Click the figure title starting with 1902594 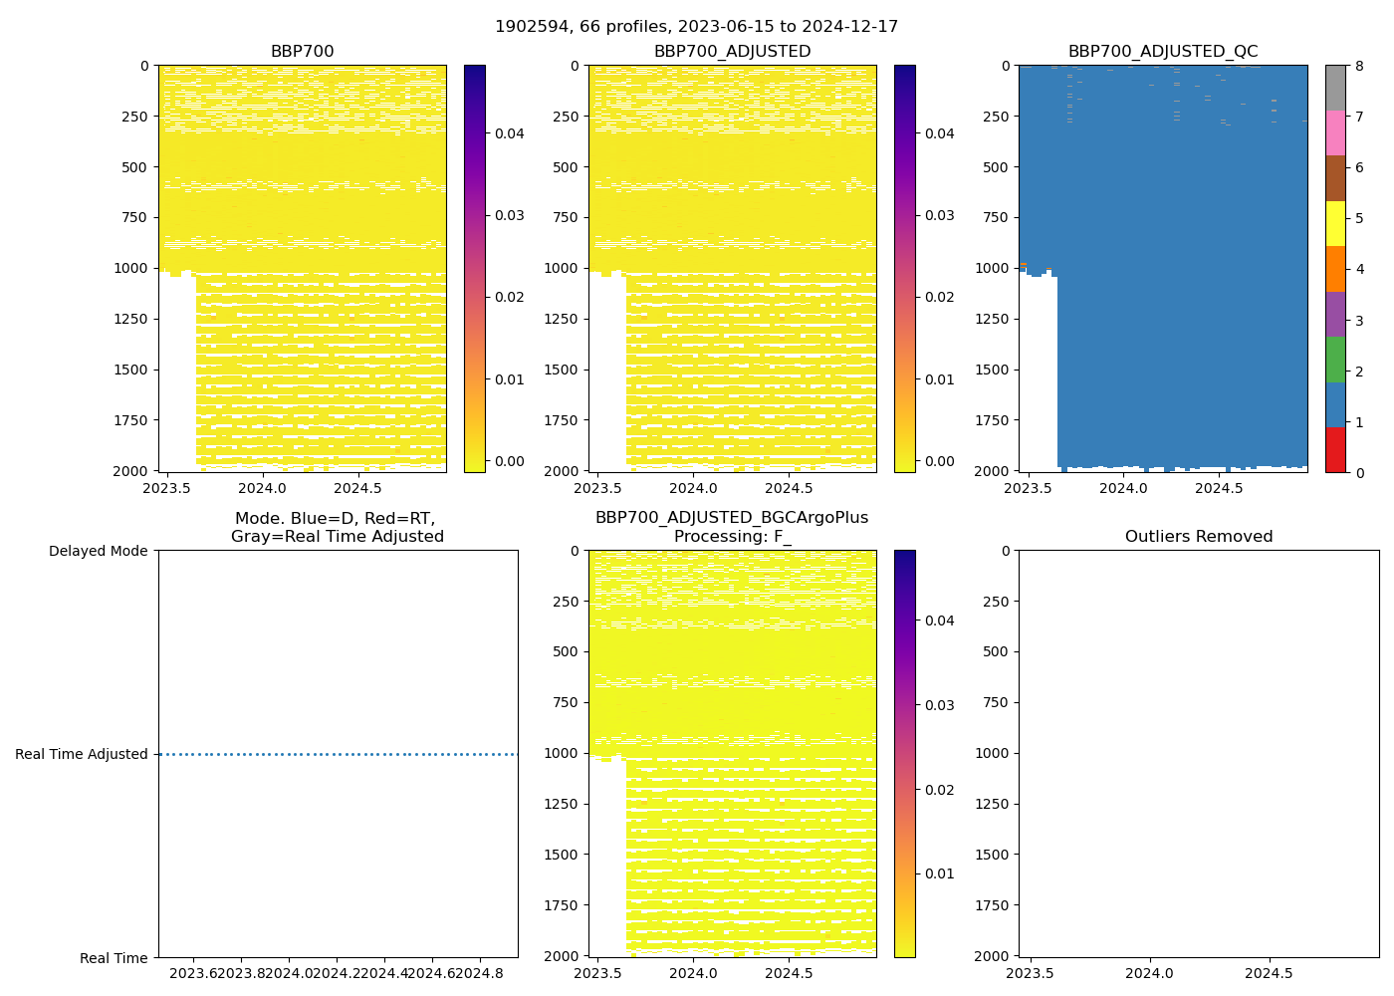696,27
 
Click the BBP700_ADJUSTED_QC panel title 1162,52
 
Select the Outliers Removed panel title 1198,537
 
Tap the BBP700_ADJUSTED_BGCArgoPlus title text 732,518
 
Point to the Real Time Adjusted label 82,755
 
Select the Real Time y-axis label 114,958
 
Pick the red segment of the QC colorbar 1335,450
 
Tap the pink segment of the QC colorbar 1335,132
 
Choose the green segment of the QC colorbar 1335,360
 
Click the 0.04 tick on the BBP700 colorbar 510,133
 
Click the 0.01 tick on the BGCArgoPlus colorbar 940,873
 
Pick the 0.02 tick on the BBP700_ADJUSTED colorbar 940,297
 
